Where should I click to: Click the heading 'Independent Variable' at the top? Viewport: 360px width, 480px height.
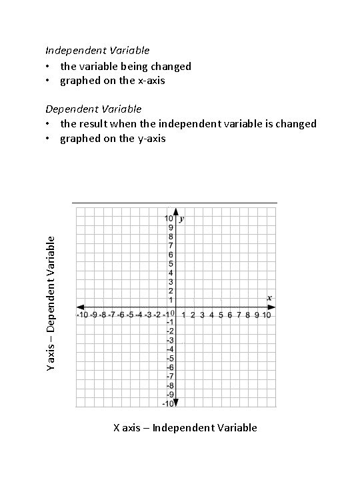[97, 50]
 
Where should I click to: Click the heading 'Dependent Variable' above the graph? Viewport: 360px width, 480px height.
[93, 108]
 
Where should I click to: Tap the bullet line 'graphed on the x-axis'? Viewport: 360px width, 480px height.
[113, 81]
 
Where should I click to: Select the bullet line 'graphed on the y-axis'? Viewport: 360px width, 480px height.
[113, 139]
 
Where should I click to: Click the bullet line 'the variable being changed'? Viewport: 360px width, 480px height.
[125, 66]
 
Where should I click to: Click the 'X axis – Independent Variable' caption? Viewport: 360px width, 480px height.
[185, 427]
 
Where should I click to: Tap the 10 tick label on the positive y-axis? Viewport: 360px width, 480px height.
[170, 218]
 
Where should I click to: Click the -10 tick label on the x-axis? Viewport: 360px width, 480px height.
[83, 315]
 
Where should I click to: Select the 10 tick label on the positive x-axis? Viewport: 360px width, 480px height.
[266, 315]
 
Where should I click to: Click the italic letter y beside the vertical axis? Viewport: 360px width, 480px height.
[182, 219]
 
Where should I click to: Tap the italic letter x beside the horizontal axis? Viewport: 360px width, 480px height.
[269, 297]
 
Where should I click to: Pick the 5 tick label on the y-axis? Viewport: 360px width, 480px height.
[171, 263]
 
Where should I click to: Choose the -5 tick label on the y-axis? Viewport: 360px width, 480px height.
[170, 358]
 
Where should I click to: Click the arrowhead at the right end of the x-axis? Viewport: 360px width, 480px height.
[273, 307]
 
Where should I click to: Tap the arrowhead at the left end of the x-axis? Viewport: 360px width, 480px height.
[79, 307]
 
